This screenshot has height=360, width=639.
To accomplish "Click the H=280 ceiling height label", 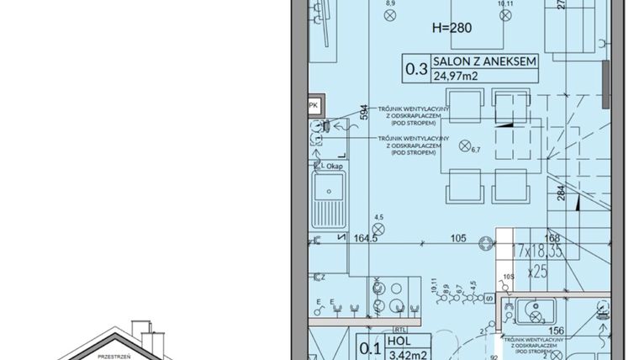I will pyautogui.click(x=452, y=28).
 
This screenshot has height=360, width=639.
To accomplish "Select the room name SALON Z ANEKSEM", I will pyautogui.click(x=484, y=61).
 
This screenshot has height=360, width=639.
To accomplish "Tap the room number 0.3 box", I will pyautogui.click(x=415, y=69).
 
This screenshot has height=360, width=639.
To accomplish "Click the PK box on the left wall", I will pyautogui.click(x=313, y=105).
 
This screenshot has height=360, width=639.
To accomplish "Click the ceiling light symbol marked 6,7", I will pyautogui.click(x=465, y=146).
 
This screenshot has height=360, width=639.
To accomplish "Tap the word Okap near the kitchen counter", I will pyautogui.click(x=335, y=167).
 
